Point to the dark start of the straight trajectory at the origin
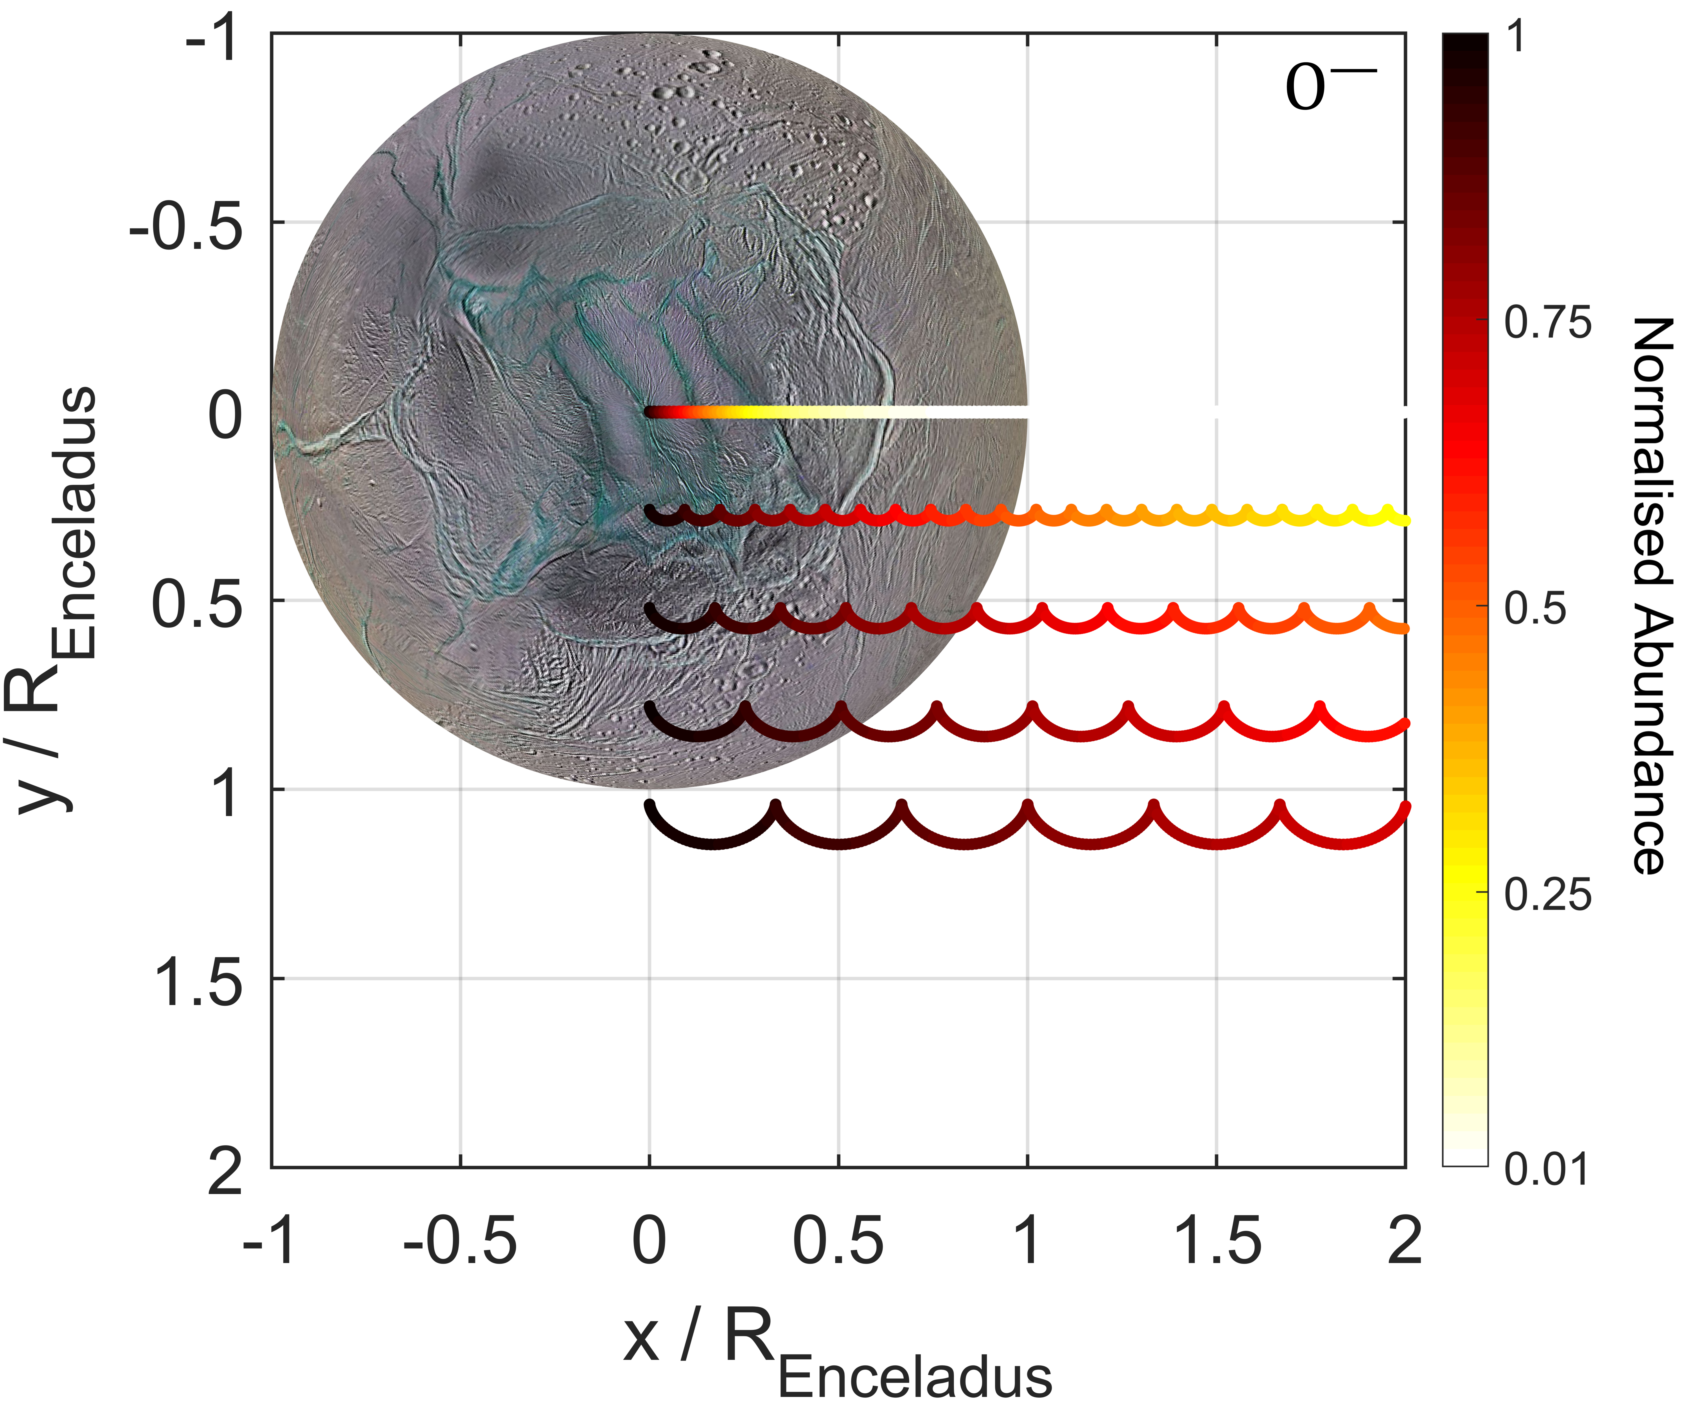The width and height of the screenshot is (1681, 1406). pos(652,412)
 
